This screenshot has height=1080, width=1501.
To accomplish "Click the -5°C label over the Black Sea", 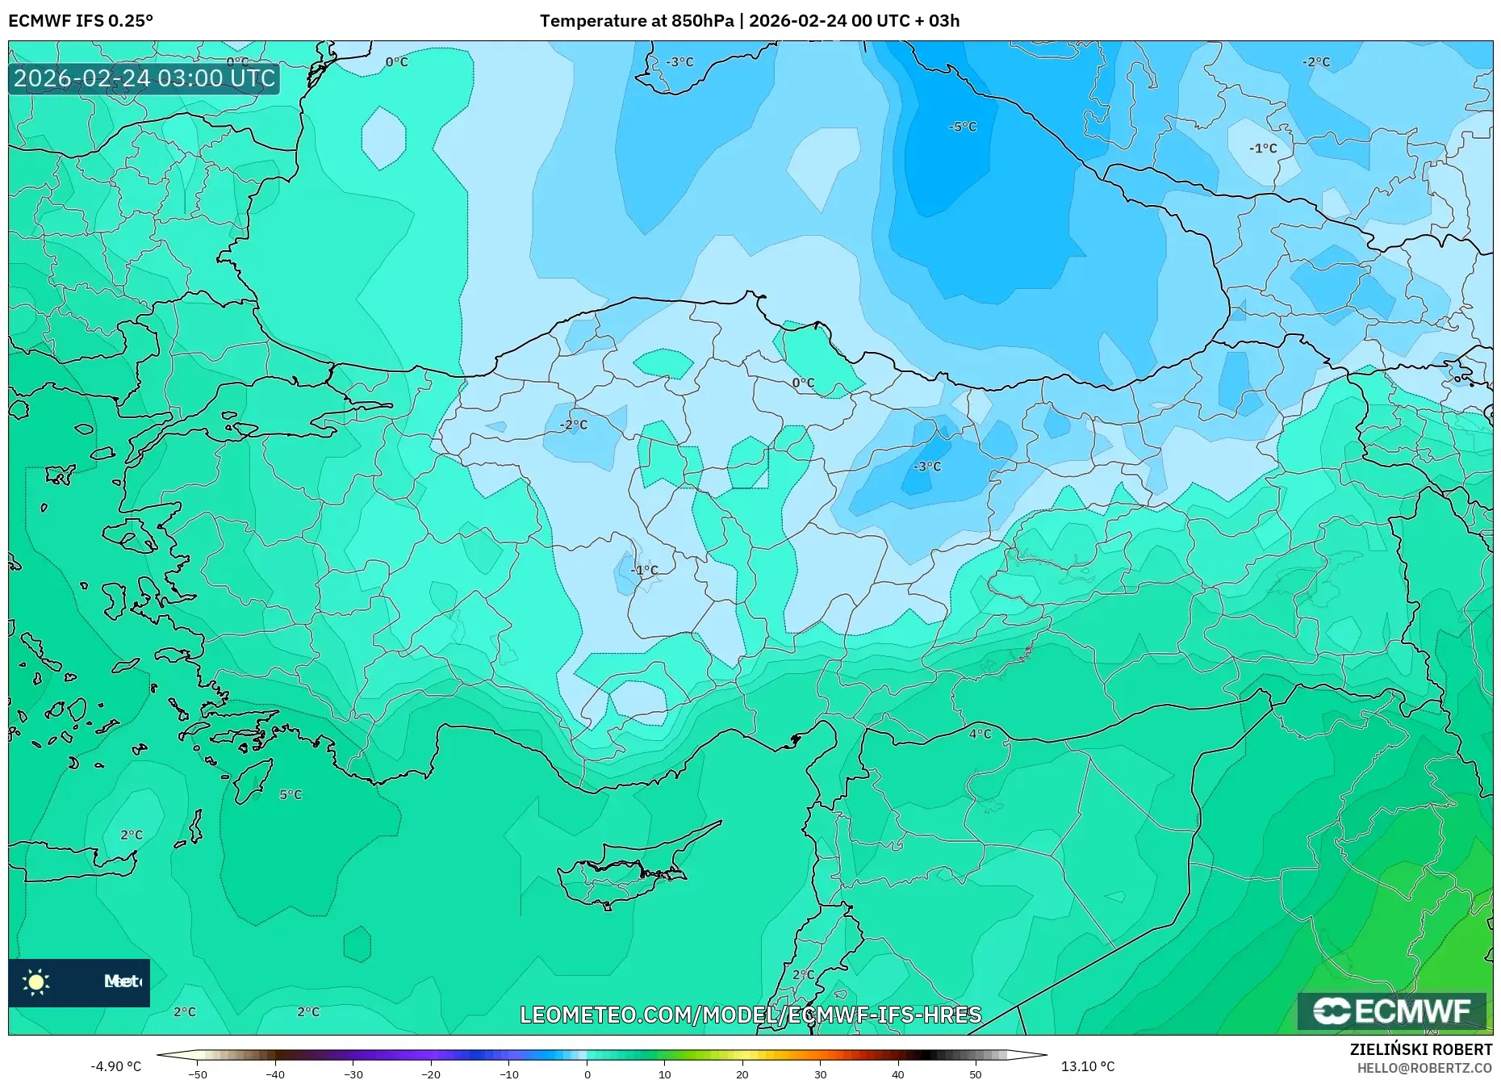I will [962, 127].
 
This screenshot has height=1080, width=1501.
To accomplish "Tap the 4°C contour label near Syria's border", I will [980, 734].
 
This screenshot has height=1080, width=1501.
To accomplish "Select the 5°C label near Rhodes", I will [291, 794].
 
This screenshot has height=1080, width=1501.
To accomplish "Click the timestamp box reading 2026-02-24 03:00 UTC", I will [144, 78].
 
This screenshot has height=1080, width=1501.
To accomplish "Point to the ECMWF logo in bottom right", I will [1391, 1011].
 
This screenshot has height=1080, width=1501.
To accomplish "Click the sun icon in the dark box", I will [36, 982].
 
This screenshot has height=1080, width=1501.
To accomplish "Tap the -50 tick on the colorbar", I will [197, 1074].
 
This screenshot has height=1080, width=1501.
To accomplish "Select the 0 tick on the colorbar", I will [587, 1074].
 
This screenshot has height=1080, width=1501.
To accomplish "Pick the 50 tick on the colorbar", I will [976, 1074].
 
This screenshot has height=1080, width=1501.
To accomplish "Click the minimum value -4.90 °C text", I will [115, 1066].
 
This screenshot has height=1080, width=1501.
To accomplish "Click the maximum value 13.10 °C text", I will [1087, 1066].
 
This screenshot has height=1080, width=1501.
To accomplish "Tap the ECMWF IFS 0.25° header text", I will [81, 21].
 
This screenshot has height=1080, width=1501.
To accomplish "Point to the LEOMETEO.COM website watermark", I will [750, 1015].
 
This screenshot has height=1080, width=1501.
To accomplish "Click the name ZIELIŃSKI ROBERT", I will [1420, 1049].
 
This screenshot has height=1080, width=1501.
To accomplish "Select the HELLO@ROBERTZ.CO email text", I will [1424, 1068].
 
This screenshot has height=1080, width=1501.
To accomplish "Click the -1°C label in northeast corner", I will [1263, 148].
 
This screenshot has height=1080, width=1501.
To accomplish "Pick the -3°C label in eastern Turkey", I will [926, 467].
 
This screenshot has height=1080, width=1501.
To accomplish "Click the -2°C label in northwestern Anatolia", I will [574, 425].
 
